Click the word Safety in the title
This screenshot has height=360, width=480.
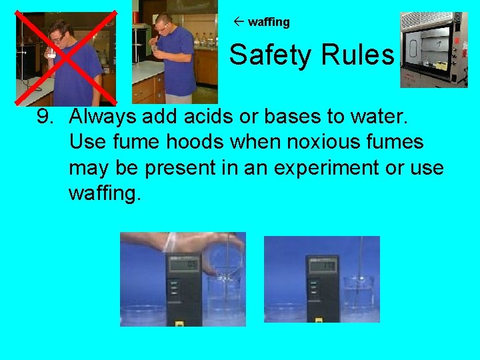(x=271, y=55)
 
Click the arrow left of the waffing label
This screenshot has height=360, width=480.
(x=239, y=21)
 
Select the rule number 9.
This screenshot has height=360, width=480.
(x=45, y=117)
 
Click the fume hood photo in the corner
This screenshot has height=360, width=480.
(x=434, y=50)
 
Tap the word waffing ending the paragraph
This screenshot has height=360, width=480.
(x=105, y=193)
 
